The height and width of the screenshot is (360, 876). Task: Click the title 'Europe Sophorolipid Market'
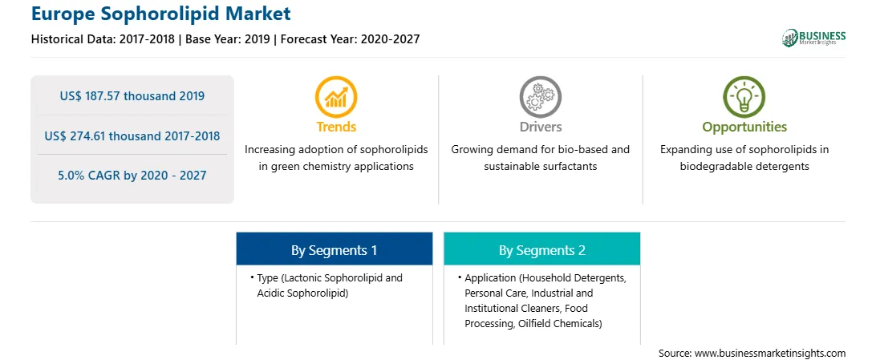click(161, 13)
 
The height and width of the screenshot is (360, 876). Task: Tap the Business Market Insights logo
click(814, 38)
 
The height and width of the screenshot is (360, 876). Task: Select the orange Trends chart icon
click(336, 96)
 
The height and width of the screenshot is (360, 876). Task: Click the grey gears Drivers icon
click(540, 96)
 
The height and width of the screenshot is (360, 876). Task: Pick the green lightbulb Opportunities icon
click(744, 96)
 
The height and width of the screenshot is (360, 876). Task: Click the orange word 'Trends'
click(336, 127)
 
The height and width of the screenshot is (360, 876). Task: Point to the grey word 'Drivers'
click(540, 127)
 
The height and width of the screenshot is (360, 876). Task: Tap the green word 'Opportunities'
click(744, 127)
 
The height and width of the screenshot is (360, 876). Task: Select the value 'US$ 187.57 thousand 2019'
click(132, 96)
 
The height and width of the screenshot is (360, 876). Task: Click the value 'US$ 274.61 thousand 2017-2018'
click(132, 136)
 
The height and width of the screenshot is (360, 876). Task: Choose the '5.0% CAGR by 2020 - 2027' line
click(132, 176)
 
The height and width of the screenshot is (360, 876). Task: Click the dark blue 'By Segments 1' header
click(334, 250)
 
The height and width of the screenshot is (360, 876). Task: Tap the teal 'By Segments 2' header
click(542, 250)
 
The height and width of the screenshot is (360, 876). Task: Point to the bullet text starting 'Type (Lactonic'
click(326, 285)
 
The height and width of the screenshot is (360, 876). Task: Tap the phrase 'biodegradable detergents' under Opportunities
click(744, 166)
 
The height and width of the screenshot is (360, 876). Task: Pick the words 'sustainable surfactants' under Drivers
click(540, 166)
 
